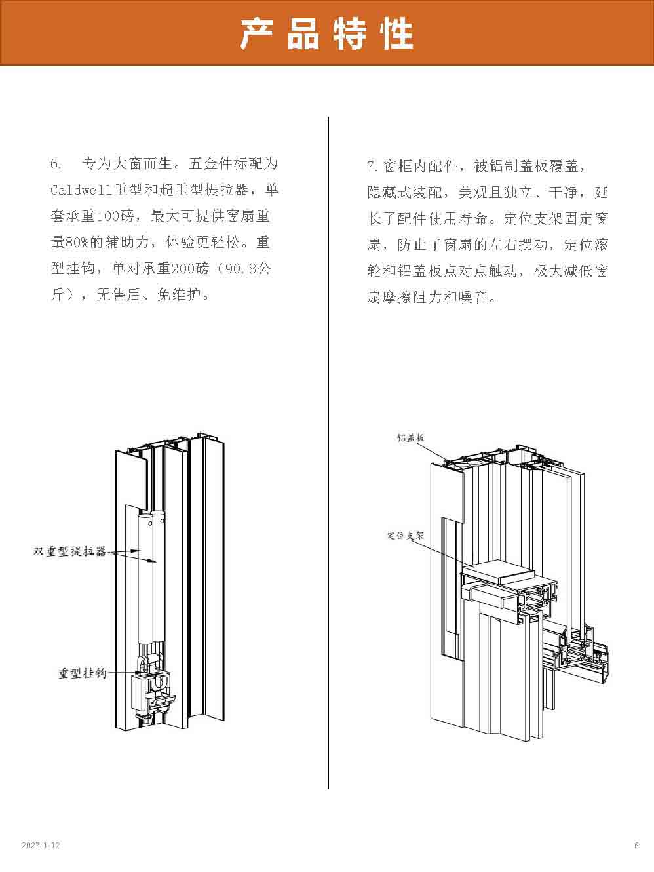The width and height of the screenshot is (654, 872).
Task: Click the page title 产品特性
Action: (x=326, y=34)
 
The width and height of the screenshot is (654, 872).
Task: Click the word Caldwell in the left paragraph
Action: (x=82, y=190)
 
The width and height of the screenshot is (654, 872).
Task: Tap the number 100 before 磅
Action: (x=108, y=216)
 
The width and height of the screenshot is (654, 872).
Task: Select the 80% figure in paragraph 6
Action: (x=77, y=243)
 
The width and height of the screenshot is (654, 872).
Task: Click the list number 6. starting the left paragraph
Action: (x=56, y=164)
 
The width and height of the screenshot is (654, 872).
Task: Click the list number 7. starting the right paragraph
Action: (x=372, y=166)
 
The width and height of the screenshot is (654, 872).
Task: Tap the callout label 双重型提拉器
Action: (x=69, y=551)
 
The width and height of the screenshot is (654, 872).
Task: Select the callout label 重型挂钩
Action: (x=82, y=673)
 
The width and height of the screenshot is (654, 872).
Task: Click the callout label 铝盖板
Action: (x=411, y=437)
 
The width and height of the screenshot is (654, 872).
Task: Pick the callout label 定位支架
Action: (x=406, y=535)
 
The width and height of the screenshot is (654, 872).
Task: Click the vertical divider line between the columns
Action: (x=328, y=453)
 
